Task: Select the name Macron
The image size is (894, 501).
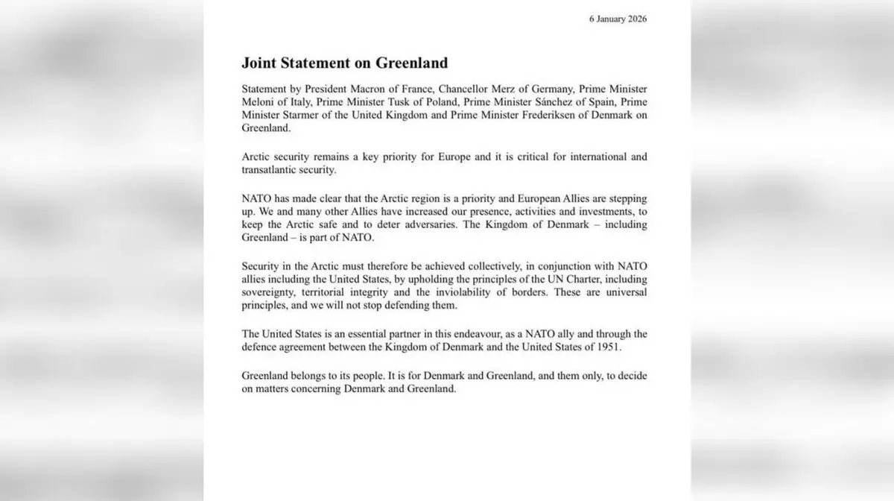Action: [358, 89]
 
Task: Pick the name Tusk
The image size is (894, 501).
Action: [381, 102]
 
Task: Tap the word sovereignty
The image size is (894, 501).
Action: [270, 292]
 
